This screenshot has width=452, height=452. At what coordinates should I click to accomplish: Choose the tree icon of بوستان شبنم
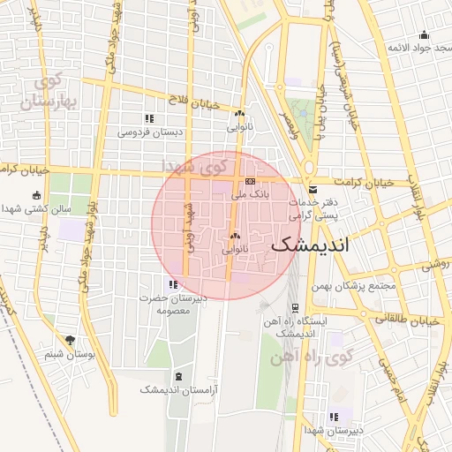70,340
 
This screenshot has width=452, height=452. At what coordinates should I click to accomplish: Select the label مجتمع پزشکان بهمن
354,286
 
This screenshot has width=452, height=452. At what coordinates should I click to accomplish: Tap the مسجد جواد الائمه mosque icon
425,35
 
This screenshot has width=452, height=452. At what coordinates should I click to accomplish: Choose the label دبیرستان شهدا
334,431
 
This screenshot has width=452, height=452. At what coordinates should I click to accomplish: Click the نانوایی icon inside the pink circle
235,237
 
